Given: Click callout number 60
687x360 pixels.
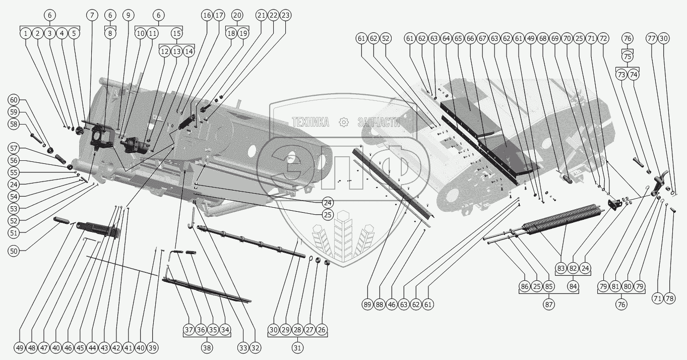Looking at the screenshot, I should click(14, 99).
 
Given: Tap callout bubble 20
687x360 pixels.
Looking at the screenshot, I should click(237, 15).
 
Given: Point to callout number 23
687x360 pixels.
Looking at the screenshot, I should click(285, 15).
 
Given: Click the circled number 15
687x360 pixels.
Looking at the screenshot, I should click(176, 33).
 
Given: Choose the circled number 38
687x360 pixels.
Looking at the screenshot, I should click(207, 348).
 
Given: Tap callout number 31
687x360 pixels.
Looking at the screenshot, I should click(297, 348).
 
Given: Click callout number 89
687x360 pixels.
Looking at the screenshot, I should click(366, 304).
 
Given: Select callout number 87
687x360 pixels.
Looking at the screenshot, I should click(548, 305).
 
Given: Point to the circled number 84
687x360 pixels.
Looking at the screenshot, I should click(573, 286).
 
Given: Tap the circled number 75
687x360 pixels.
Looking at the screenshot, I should click(627, 56).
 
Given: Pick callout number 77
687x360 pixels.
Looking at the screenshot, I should click(652, 38).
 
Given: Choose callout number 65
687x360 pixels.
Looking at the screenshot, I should click(458, 38).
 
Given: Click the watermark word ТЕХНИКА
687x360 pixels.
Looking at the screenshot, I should click(310, 123).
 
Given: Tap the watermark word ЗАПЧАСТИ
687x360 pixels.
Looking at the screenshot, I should click(378, 123).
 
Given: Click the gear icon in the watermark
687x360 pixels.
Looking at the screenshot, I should click(343, 122).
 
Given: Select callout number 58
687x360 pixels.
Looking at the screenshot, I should click(14, 124).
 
